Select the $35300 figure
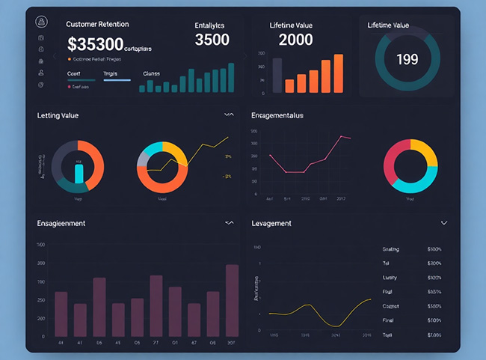pyautogui.click(x=95, y=44)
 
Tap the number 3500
pyautogui.click(x=212, y=40)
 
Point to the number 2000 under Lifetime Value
pyautogui.click(x=295, y=40)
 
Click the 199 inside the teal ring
pyautogui.click(x=407, y=59)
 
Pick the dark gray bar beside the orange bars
pyautogui.click(x=277, y=75)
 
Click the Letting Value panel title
pyautogui.click(x=58, y=115)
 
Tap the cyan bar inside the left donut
pyautogui.click(x=79, y=174)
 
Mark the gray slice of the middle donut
pyautogui.click(x=144, y=158)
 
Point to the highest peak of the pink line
pyautogui.click(x=341, y=136)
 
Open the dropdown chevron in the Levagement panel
pyautogui.click(x=444, y=223)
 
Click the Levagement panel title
pyautogui.click(x=272, y=223)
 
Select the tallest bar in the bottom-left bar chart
pyautogui.click(x=232, y=299)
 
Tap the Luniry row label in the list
pyautogui.click(x=390, y=277)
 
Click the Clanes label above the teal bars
pyautogui.click(x=151, y=74)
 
